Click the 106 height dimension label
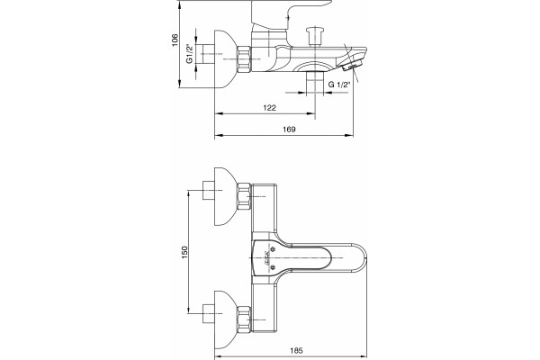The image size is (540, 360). pyautogui.click(x=175, y=40)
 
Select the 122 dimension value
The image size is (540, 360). pyautogui.click(x=269, y=108)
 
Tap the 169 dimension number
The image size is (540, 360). pyautogui.click(x=289, y=130)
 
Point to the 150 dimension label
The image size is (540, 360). pyautogui.click(x=184, y=253)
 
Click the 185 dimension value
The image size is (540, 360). pyautogui.click(x=296, y=351)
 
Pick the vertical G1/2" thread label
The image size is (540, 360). pyautogui.click(x=189, y=54)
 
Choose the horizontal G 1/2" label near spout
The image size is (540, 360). pyautogui.click(x=339, y=85)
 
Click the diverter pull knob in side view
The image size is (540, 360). pyautogui.click(x=315, y=37)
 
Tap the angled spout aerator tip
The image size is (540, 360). pyautogui.click(x=351, y=65)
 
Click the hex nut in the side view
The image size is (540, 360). pyautogui.click(x=244, y=59)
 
